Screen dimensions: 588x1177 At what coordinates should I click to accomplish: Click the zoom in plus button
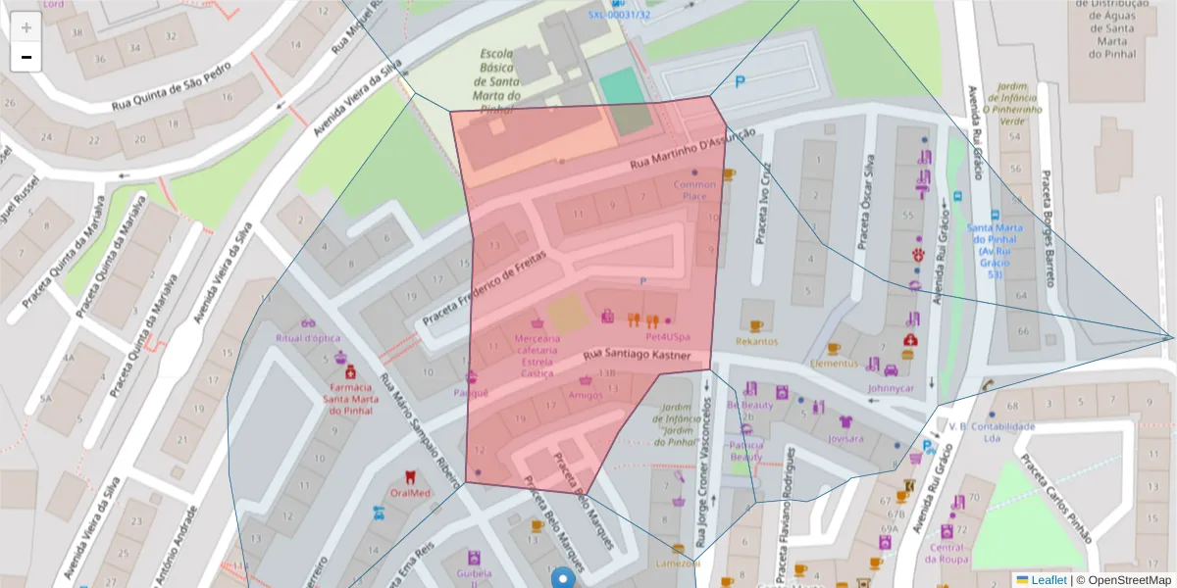coord(26,27)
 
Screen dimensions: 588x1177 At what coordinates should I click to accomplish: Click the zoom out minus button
coord(26,57)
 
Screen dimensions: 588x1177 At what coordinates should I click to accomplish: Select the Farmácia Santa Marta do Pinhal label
coord(350,397)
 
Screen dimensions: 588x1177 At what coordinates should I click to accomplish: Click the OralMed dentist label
coord(410,493)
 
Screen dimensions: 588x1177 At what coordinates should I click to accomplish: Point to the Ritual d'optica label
coord(308,338)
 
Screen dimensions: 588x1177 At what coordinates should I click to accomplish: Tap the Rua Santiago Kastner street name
coord(638,355)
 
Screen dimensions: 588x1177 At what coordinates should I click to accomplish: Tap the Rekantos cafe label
coord(756,342)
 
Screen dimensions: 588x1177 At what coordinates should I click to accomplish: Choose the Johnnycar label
coord(891,387)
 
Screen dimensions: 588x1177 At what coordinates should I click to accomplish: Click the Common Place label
coord(694,190)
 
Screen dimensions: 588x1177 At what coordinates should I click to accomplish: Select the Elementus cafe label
coord(834,363)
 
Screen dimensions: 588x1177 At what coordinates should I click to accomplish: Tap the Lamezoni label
coord(678,563)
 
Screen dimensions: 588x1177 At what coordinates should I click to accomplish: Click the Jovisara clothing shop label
coord(845,438)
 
